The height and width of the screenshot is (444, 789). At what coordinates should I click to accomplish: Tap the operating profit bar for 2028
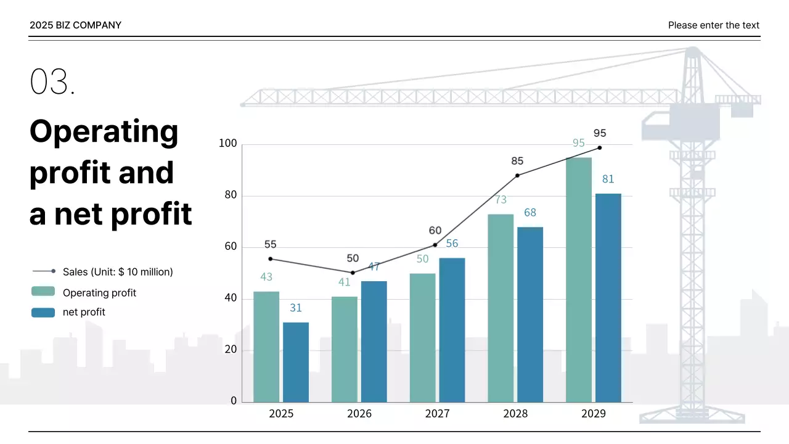[501, 308]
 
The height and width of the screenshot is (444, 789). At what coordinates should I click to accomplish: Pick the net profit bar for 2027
[452, 330]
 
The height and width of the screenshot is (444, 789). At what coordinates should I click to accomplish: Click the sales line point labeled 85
[517, 175]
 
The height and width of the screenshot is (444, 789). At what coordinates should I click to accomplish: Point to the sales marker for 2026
[353, 273]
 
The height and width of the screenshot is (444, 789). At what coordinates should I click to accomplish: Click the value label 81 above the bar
[608, 179]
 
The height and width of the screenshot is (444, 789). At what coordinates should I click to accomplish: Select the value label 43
[266, 277]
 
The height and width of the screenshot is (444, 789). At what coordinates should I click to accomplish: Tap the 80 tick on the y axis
[229, 195]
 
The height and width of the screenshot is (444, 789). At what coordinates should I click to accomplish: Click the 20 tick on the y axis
[229, 350]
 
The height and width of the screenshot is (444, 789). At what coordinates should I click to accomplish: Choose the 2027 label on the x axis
[437, 414]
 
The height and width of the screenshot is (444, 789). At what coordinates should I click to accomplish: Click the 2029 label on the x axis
[593, 414]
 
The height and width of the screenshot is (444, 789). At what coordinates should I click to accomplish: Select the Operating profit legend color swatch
[43, 292]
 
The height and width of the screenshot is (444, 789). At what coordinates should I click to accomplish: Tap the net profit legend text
[84, 312]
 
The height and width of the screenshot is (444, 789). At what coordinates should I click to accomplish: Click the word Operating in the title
[104, 131]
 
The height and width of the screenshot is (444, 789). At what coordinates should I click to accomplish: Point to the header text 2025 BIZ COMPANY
[75, 25]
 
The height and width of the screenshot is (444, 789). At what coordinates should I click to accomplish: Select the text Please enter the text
[713, 25]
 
